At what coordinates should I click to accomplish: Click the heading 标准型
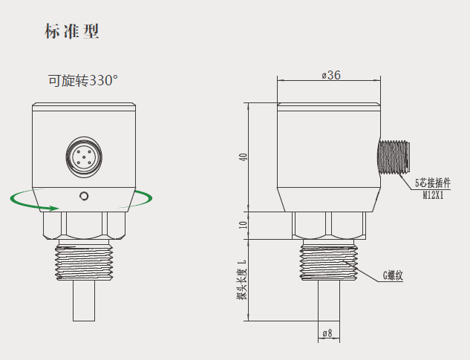pyautogui.click(x=71, y=32)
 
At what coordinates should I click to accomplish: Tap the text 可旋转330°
pyautogui.click(x=83, y=80)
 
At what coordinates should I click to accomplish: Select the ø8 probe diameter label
pyautogui.click(x=325, y=334)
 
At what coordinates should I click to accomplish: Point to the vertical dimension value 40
pyautogui.click(x=242, y=157)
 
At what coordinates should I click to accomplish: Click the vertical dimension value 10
pyautogui.click(x=242, y=225)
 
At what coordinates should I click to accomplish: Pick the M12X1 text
pyautogui.click(x=434, y=196)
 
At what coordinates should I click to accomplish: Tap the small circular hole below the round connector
pyautogui.click(x=84, y=196)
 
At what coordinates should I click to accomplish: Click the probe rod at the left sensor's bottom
pyautogui.click(x=84, y=304)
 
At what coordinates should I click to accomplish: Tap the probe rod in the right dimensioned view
pyautogui.click(x=328, y=304)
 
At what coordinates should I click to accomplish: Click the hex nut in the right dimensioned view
pyautogui.click(x=329, y=224)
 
